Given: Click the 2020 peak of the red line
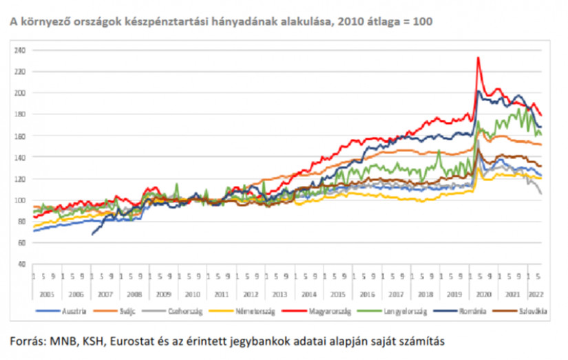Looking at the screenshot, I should pyautogui.click(x=478, y=58).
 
